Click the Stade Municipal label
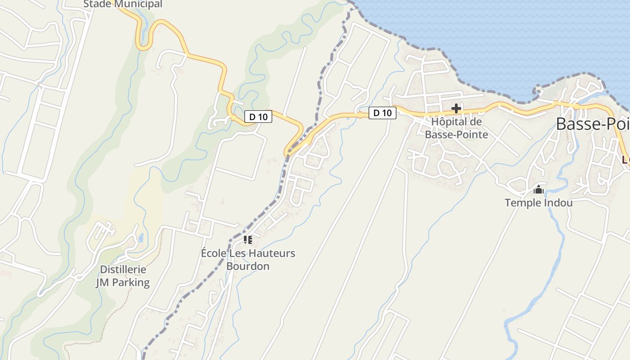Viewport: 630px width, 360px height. (122, 4)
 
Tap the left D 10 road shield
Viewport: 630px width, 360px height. (258, 117)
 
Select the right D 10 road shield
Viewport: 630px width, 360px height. (382, 112)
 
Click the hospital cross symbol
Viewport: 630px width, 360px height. (456, 108)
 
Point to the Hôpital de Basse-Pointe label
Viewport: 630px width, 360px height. (456, 128)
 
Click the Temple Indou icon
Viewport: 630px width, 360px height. (539, 190)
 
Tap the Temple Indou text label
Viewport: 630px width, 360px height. (539, 203)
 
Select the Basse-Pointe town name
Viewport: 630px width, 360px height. (592, 124)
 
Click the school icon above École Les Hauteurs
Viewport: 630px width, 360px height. (247, 239)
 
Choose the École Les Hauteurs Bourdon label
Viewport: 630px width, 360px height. (248, 260)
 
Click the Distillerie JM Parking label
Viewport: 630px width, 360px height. (123, 276)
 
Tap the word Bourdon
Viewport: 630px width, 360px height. (248, 266)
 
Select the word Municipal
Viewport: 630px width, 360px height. (139, 4)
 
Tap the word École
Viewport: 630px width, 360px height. (213, 253)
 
